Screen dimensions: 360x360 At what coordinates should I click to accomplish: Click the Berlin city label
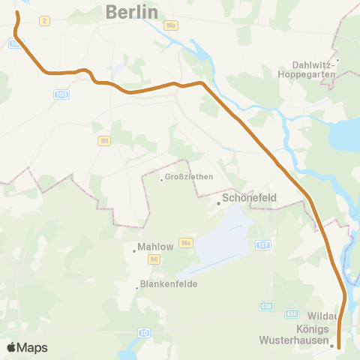[132, 12]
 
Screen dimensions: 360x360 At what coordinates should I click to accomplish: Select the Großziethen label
[189, 177]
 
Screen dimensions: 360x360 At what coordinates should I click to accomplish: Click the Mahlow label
[156, 247]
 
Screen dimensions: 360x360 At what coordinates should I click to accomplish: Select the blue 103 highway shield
[61, 94]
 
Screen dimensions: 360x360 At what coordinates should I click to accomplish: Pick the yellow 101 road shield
[103, 140]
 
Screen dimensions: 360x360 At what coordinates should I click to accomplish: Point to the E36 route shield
[267, 305]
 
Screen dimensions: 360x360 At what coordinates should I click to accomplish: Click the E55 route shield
[292, 313]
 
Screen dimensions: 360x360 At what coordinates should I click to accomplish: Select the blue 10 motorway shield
[144, 332]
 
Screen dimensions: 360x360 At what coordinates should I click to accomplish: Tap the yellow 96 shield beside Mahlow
[154, 259]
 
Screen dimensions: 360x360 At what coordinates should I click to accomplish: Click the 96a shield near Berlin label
[172, 25]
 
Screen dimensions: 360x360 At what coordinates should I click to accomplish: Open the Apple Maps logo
[26, 347]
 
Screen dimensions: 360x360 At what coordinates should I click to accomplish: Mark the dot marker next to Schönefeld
[218, 202]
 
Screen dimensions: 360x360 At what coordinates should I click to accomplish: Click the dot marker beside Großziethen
[161, 178]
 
